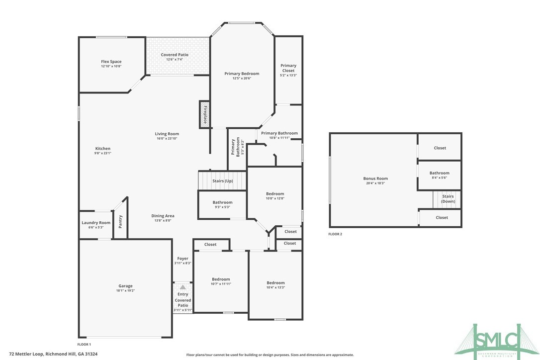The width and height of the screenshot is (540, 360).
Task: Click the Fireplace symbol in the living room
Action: [x=204, y=114]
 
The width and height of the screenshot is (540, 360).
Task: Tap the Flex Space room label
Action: [x=111, y=62]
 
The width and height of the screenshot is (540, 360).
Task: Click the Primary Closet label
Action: [x=288, y=68]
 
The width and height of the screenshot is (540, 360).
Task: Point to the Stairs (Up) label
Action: [x=222, y=181]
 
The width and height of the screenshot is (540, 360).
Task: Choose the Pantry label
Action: [x=120, y=222]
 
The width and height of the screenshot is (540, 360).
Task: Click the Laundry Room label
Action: [x=96, y=223]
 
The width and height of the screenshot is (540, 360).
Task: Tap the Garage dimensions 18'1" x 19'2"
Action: [x=125, y=290]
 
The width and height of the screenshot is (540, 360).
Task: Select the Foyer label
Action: [x=182, y=259]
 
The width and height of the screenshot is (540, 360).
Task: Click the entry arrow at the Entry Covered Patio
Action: [x=182, y=287]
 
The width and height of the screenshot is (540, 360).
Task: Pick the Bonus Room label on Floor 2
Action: [x=375, y=179]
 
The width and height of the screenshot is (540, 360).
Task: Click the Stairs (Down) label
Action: [x=448, y=199]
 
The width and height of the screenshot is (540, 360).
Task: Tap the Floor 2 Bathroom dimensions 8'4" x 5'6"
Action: [x=439, y=178]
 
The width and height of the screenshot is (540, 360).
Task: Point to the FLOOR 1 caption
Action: [x=84, y=345]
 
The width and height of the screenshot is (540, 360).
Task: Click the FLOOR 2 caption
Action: [x=335, y=234]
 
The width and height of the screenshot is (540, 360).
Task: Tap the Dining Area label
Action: [x=163, y=216]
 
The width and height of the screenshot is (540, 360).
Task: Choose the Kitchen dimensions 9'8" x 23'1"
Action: [x=103, y=153]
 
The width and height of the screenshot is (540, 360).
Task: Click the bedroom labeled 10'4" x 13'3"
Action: [x=275, y=285]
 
